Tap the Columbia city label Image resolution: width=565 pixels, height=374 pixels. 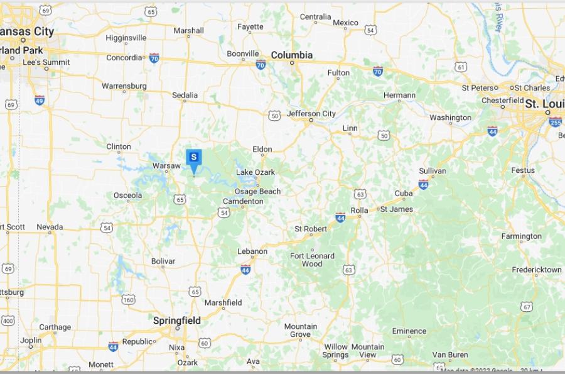tap(292, 55)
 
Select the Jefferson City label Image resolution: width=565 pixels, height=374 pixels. tap(311, 114)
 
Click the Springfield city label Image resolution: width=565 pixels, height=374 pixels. tap(177, 321)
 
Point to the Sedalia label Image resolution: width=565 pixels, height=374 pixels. tap(185, 96)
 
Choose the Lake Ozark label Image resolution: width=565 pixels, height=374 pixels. tap(256, 172)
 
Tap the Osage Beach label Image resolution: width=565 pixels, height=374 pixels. tap(257, 191)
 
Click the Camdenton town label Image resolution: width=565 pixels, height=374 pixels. tap(243, 201)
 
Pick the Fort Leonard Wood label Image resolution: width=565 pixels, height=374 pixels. tap(312, 260)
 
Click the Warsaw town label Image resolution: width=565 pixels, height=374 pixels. tap(166, 166)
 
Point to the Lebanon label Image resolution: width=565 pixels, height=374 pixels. tap(252, 251)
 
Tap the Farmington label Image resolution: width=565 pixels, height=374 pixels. tap(521, 236)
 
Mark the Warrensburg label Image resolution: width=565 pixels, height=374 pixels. tap(124, 85)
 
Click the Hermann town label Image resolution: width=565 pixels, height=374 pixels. tap(399, 96)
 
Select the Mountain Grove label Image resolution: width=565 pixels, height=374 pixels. tap(300, 330)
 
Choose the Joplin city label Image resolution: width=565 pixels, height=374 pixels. tap(31, 341)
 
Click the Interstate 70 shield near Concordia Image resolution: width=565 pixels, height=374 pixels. tap(154, 58)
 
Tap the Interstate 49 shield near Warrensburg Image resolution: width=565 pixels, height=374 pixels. tap(40, 99)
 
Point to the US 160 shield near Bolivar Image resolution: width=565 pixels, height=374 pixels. tap(128, 299)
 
